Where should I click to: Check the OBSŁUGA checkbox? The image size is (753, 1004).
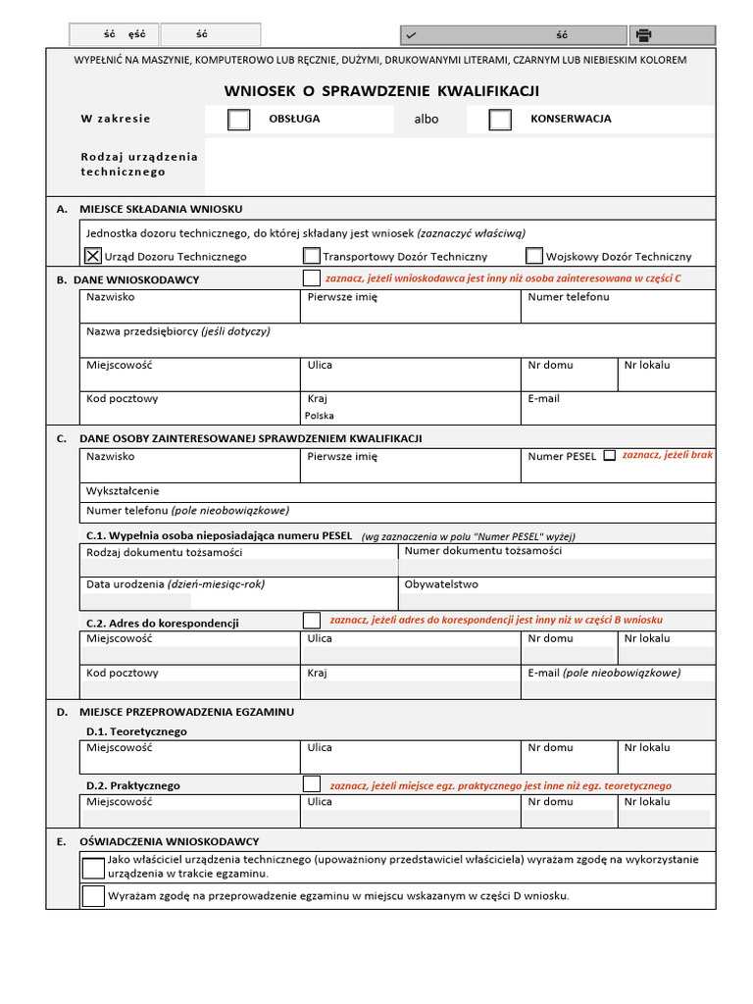(238, 120)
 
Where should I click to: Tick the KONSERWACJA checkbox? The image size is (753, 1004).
(500, 120)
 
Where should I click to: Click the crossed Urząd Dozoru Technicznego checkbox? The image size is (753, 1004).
(93, 256)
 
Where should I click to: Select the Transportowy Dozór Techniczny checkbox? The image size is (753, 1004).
(312, 256)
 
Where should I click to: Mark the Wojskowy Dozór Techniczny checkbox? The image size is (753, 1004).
(534, 256)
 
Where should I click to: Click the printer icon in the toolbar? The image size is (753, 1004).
(643, 35)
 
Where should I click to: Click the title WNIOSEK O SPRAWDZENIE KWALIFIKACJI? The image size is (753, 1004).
(381, 91)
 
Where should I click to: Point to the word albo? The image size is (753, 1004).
(427, 120)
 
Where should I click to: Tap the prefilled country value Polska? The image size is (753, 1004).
(319, 416)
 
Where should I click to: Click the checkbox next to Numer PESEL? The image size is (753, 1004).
(610, 456)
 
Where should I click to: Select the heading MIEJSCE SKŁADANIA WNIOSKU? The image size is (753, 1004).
(161, 209)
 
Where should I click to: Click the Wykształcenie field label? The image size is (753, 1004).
(123, 491)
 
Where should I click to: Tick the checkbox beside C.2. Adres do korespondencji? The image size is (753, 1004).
(312, 620)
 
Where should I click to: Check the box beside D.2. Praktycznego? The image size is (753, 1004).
(312, 784)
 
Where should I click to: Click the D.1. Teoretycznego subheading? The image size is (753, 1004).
(136, 731)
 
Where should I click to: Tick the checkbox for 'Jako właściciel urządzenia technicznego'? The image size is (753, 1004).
(93, 867)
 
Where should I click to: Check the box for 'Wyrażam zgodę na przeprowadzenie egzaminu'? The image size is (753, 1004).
(93, 895)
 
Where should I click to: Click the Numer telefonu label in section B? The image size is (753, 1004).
(568, 297)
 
